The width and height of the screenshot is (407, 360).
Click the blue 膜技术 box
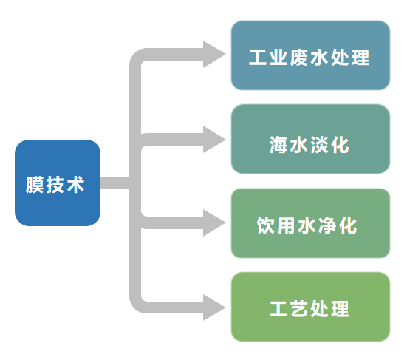pos(57,183)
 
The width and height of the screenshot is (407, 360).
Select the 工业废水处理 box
pos(310,55)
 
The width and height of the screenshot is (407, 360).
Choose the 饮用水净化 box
pos(310,223)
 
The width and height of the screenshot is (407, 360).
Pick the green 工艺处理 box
pos(310,307)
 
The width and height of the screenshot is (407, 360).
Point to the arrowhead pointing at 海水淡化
pos(214,138)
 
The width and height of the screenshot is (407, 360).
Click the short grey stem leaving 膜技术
pos(114,183)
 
